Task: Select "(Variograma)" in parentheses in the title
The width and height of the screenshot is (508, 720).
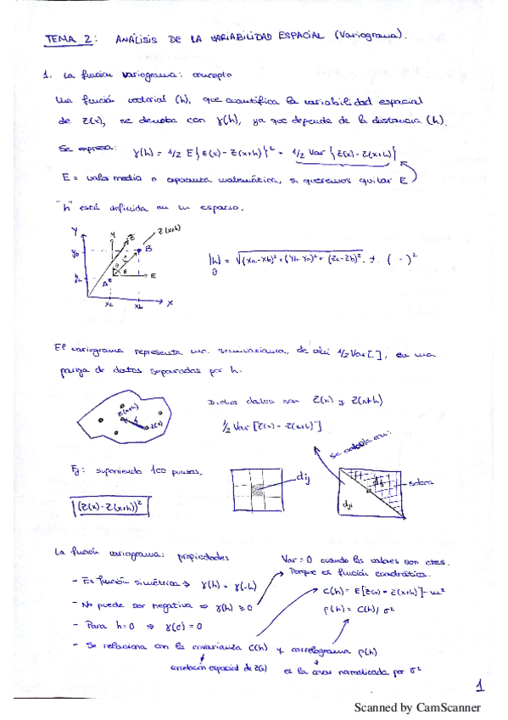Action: pyautogui.click(x=370, y=36)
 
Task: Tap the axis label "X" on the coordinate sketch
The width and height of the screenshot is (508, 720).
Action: pyautogui.click(x=170, y=303)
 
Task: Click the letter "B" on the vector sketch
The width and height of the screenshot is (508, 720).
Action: pyautogui.click(x=148, y=250)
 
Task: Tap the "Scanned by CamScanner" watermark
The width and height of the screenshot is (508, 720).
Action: pyautogui.click(x=416, y=707)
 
